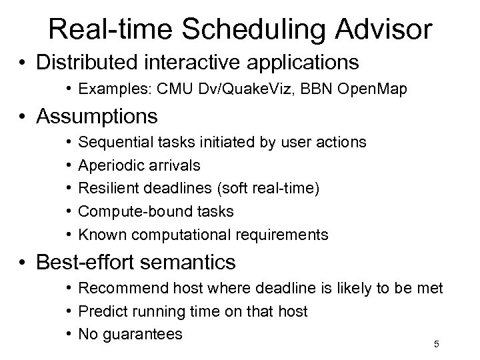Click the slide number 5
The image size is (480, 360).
(x=436, y=344)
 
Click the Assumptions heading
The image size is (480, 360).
(x=97, y=117)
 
